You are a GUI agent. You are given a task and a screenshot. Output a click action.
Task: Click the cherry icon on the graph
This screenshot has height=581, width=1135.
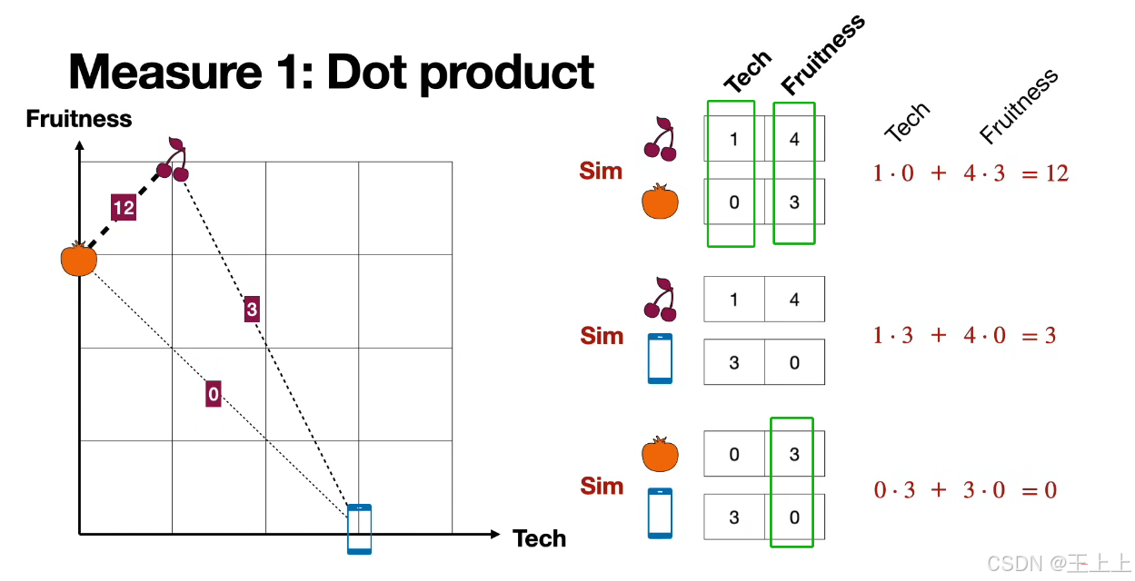tap(174, 159)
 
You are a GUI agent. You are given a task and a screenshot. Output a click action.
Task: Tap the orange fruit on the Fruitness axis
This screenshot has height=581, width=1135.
tap(78, 260)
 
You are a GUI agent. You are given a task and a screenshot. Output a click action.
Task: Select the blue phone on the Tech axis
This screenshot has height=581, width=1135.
tap(360, 528)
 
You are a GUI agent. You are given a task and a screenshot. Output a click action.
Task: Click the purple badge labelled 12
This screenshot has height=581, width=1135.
tap(124, 208)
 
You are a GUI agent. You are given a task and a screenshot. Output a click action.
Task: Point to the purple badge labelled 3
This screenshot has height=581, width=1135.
tap(252, 310)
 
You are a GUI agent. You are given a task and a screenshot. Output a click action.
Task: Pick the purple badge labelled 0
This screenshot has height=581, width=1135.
tap(213, 394)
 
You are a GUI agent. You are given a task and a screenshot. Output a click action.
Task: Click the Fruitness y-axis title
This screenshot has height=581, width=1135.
tap(79, 119)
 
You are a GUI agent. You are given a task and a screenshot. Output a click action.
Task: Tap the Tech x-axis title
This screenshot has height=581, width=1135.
tap(539, 538)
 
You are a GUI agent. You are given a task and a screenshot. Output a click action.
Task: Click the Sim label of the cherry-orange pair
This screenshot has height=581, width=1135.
tap(601, 171)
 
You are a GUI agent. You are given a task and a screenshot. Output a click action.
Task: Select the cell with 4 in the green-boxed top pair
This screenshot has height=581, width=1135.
tap(794, 139)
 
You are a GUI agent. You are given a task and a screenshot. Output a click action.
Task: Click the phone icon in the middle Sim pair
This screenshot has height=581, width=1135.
tap(661, 359)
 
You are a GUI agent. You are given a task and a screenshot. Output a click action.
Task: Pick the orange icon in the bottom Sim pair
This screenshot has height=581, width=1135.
tap(661, 454)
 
